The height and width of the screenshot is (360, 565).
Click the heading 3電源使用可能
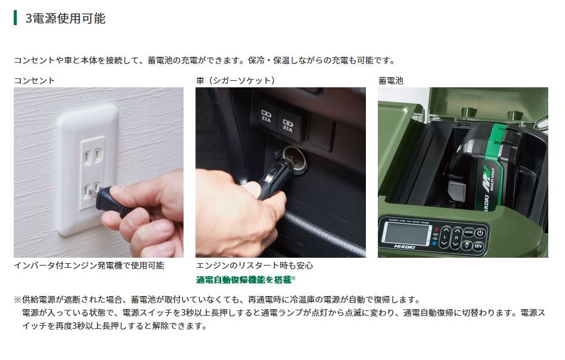pos(65,19)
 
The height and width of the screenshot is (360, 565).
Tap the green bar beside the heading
pos(15,18)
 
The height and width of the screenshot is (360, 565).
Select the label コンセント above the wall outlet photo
pos(34,80)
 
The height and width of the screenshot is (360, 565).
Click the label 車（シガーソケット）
pos(236,80)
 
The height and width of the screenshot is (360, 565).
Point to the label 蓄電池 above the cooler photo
pos(390,80)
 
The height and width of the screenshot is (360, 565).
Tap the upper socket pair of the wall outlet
pos(92,157)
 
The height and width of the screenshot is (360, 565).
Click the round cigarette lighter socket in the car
pos(292,159)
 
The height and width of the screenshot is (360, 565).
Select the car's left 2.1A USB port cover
pos(266,117)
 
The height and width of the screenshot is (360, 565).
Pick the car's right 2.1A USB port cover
pos(288,124)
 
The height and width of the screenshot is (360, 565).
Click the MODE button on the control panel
pos(468,233)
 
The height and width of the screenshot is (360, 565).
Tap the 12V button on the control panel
pos(478,246)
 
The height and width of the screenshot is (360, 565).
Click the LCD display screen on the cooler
pos(407,233)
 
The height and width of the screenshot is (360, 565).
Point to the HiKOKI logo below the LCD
pos(404,247)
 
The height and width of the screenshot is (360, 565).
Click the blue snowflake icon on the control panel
pos(435,244)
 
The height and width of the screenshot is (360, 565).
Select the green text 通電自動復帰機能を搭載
pos(243,280)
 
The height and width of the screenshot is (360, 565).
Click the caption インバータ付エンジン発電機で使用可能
pos(89,266)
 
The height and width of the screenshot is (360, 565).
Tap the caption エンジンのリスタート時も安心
pos(254,266)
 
